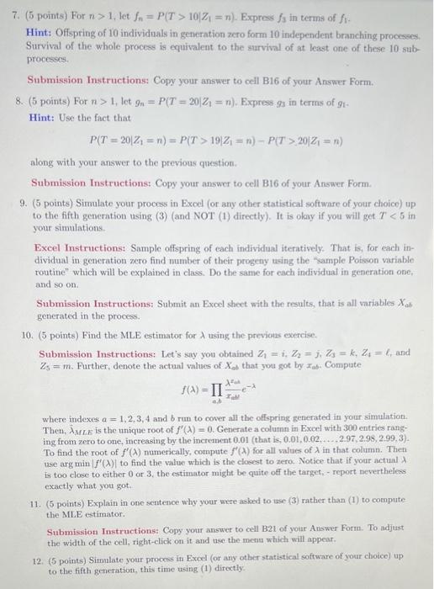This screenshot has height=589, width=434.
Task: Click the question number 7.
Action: pyautogui.click(x=11, y=13)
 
